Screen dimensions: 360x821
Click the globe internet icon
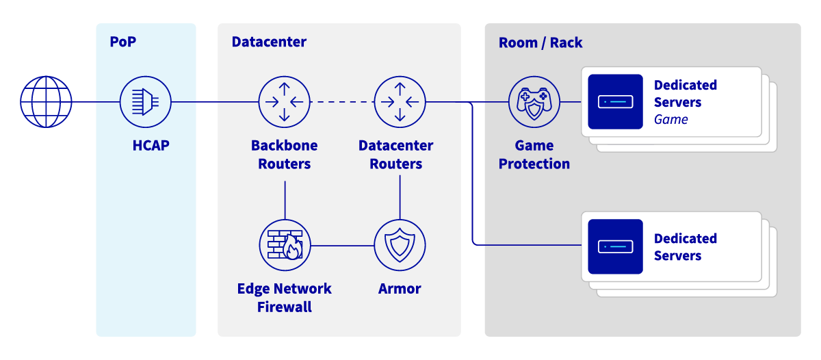(x=46, y=102)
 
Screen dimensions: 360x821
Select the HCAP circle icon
(x=145, y=102)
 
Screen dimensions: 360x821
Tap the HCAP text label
(x=151, y=145)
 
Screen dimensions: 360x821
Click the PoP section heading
(x=123, y=42)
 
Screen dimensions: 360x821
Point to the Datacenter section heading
(x=269, y=42)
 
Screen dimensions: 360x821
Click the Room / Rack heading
(x=540, y=42)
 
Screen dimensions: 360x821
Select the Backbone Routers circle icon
(x=284, y=102)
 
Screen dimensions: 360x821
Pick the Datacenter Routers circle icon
(x=400, y=102)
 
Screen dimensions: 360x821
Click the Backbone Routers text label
(x=284, y=155)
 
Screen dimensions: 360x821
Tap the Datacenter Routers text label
(x=395, y=155)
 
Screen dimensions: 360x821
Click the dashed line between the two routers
(x=342, y=102)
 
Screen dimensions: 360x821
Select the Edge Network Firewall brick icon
(x=285, y=245)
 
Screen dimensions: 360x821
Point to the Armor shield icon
(x=400, y=245)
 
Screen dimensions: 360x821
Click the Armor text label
(x=400, y=289)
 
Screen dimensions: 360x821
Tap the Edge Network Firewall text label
(x=285, y=298)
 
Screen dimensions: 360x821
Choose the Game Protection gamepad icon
(x=534, y=102)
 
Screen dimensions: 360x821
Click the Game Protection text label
(x=534, y=155)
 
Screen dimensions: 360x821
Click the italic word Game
(x=670, y=120)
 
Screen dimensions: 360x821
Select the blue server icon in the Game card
(x=615, y=102)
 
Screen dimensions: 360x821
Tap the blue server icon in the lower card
(x=615, y=246)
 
